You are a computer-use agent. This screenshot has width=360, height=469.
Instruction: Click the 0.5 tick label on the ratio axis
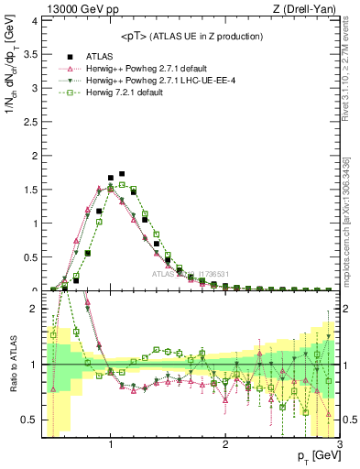[29, 420]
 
